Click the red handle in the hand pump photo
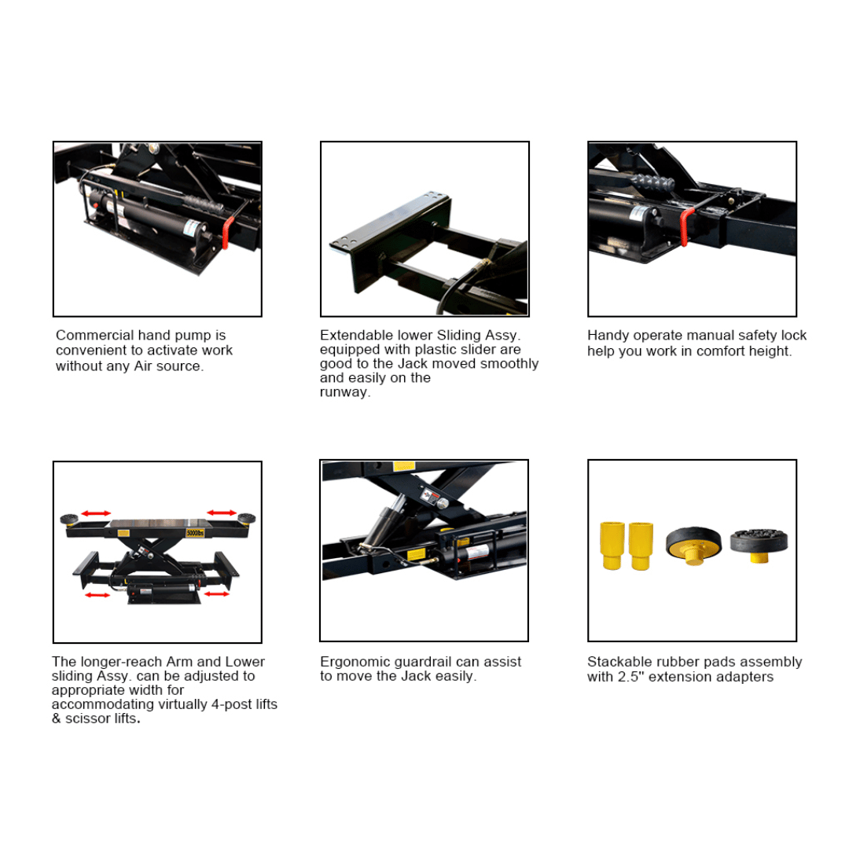(227, 232)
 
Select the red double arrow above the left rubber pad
(96, 513)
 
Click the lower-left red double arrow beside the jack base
(97, 595)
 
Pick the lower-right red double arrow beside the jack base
(216, 594)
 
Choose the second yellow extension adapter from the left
(640, 545)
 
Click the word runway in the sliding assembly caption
(344, 392)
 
